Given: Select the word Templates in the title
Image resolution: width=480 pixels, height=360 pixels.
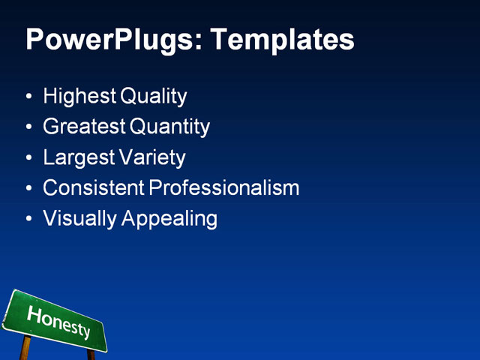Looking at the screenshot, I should (283, 40).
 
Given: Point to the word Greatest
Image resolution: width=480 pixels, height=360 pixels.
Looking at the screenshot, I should (85, 127).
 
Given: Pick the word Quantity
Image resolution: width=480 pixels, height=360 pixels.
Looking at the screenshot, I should (170, 127).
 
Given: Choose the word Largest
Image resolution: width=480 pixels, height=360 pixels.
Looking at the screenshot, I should (79, 158).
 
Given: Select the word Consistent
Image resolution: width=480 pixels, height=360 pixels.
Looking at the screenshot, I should (94, 188).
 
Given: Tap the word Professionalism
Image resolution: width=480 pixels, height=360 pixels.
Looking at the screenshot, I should (224, 188).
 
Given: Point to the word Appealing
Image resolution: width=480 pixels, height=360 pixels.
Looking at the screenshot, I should (166, 219).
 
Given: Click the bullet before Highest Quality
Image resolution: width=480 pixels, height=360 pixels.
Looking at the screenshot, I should (28, 97).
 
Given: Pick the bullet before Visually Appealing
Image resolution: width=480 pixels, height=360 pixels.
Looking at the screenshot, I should (28, 220).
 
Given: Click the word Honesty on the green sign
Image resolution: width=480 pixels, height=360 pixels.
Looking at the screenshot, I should (58, 321).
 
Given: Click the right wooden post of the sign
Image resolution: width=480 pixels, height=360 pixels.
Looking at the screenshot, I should (91, 354).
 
